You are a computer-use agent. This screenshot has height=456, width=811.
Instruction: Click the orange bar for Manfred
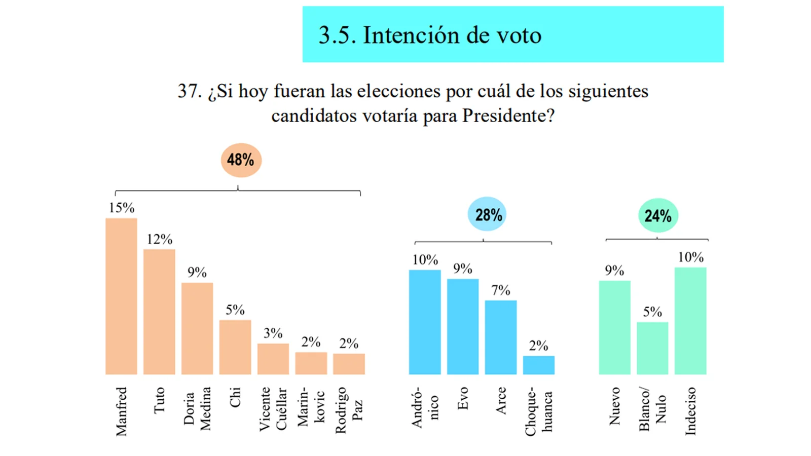[x=121, y=296]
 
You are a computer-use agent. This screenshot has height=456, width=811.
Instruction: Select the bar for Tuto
[x=159, y=312]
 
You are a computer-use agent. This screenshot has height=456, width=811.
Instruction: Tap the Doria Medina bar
[x=197, y=328]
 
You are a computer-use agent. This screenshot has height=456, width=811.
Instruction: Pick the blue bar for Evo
[x=463, y=327]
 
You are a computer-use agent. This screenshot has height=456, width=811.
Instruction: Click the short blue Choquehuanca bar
[x=539, y=365]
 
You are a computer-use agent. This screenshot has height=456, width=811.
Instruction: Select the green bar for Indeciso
[x=690, y=321]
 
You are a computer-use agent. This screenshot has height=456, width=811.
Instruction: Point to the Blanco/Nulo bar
[x=652, y=348]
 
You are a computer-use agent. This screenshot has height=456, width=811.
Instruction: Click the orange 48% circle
[x=241, y=160]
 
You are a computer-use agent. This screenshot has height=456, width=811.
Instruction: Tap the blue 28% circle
[x=487, y=214]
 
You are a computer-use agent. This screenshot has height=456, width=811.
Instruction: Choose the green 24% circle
[x=657, y=216]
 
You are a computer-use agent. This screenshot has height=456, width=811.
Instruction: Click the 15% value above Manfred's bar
[x=122, y=208]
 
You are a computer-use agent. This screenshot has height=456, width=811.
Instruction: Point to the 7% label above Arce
[x=501, y=290]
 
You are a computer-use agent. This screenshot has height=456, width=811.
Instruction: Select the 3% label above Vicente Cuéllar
[x=273, y=333]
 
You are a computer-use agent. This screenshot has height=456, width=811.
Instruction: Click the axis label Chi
[x=235, y=398]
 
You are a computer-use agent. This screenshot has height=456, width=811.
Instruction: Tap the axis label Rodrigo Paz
[x=349, y=410]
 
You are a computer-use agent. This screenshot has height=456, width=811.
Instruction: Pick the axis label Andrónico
[x=425, y=408]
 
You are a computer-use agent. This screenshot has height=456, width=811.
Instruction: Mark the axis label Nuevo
[x=614, y=406]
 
